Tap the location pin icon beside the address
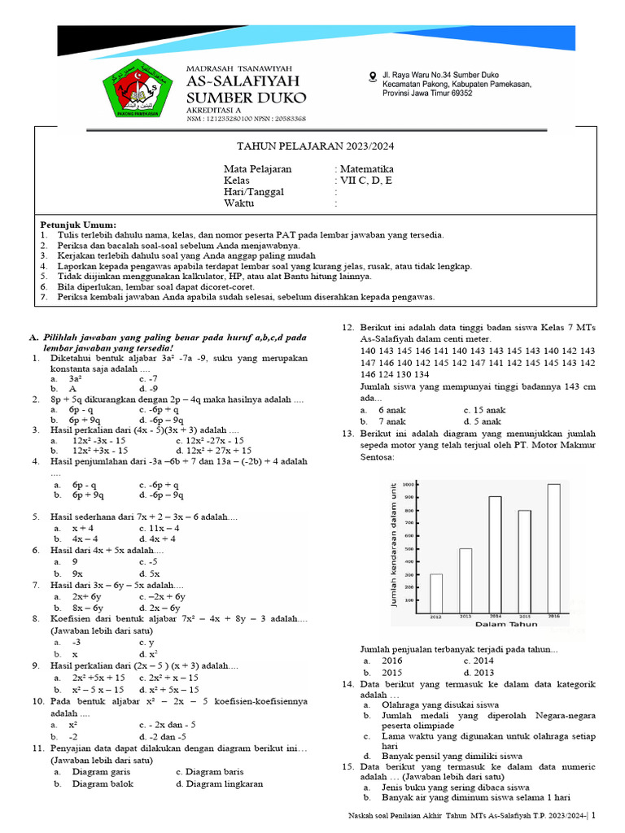click(373, 76)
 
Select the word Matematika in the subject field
click(366, 169)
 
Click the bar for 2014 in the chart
click(495, 554)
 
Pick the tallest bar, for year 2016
click(553, 548)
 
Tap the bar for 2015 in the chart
click(524, 561)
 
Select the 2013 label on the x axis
click(465, 617)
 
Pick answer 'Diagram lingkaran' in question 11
click(219, 784)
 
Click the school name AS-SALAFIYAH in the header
click(243, 81)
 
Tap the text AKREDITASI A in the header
click(215, 109)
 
